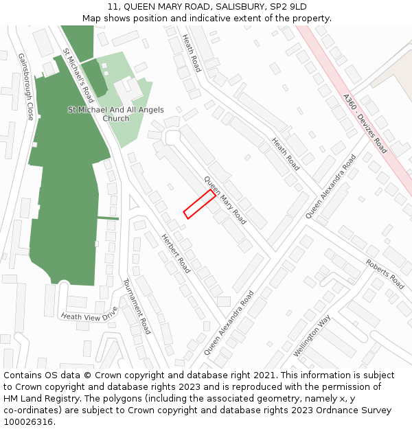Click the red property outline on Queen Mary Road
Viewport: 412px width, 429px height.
click(199, 205)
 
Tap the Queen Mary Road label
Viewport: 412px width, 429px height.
click(225, 200)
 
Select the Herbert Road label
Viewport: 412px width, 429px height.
click(175, 253)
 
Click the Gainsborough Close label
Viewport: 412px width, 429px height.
click(26, 87)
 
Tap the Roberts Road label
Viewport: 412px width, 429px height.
click(385, 274)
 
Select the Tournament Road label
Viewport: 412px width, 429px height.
click(137, 306)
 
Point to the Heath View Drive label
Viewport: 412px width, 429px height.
click(89, 315)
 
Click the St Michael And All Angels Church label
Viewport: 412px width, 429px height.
click(106, 114)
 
